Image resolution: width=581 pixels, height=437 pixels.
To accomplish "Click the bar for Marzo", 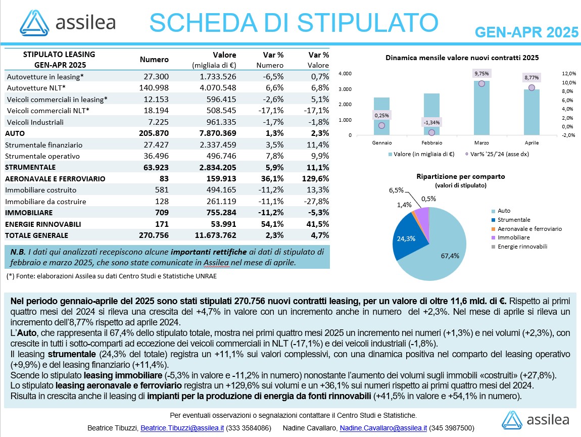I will (481, 108).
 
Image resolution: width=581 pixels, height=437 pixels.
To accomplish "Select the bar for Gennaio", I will (381, 116).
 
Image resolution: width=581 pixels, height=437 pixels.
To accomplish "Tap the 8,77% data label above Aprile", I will (531, 77).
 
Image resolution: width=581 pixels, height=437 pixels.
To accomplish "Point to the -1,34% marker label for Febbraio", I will (431, 122).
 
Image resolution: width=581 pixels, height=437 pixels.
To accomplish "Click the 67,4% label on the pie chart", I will (450, 256).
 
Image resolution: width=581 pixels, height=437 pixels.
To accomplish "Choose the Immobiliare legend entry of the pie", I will (514, 237).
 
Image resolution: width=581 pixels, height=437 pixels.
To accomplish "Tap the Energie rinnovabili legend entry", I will (522, 247).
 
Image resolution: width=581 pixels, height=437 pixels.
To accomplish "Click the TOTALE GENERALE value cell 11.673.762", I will (216, 235).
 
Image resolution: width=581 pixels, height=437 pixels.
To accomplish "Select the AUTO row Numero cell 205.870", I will (154, 133).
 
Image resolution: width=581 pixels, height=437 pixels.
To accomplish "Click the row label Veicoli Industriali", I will (35, 122).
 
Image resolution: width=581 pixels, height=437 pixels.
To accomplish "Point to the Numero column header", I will (154, 60).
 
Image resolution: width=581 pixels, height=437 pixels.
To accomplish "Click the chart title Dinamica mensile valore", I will (462, 58).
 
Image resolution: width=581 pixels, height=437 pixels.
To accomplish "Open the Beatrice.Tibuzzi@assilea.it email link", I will (182, 428).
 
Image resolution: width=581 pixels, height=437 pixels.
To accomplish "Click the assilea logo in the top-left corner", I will (67, 23).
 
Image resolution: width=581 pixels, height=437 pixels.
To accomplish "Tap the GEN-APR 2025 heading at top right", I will (526, 32).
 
